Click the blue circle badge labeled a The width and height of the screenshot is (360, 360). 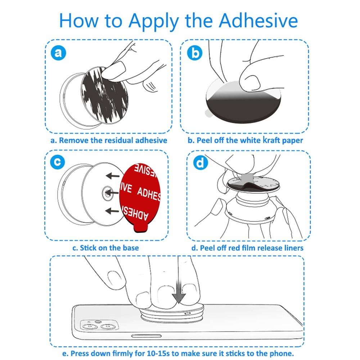[x=59, y=53]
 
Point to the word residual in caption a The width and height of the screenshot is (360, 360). [x=121, y=140]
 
